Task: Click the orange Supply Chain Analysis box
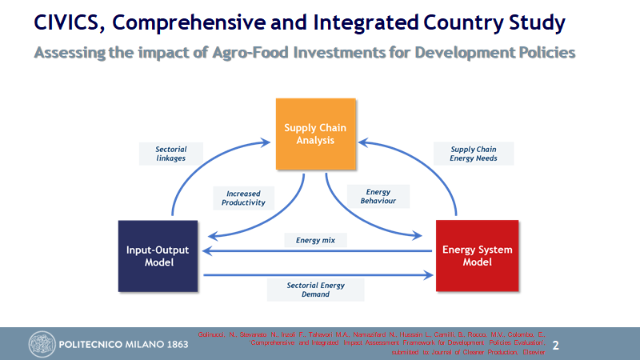(x=314, y=134)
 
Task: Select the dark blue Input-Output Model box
(x=158, y=255)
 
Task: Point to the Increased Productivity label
(x=244, y=198)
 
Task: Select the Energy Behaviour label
(x=378, y=197)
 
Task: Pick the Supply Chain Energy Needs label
(x=474, y=154)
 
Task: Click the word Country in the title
(x=464, y=23)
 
